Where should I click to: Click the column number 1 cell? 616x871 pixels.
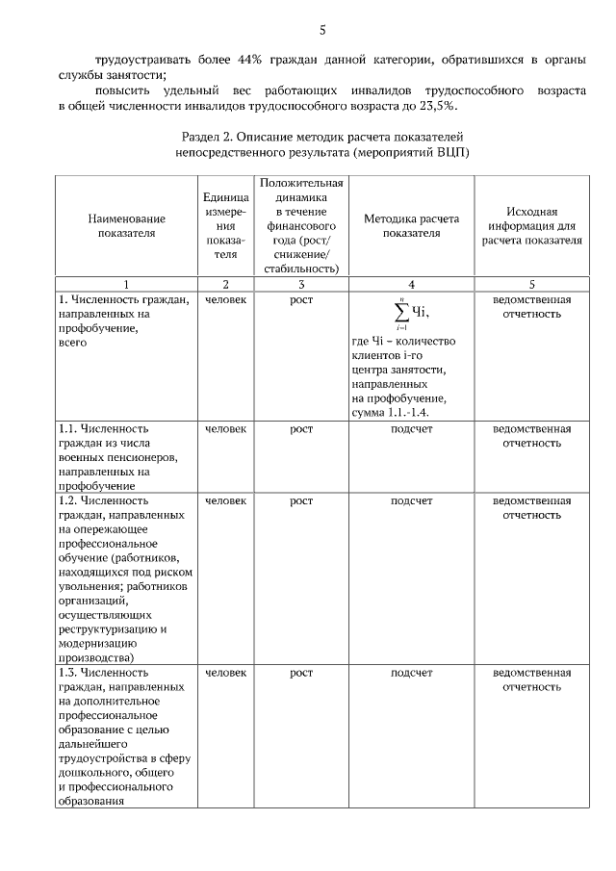coord(126,284)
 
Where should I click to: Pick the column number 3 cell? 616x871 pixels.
coord(302,284)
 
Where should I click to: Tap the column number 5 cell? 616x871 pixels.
coord(531,284)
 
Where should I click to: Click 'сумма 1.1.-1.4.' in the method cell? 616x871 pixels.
coord(390,413)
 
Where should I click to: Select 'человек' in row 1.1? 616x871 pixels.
coord(226,428)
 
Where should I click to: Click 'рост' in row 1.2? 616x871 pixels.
coord(302,500)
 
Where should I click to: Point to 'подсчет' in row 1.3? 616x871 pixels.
coord(411,673)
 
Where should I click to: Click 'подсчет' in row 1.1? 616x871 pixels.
coord(411,428)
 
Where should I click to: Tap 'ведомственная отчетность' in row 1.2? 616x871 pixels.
coord(531,507)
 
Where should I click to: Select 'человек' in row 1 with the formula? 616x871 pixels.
coord(226,299)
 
